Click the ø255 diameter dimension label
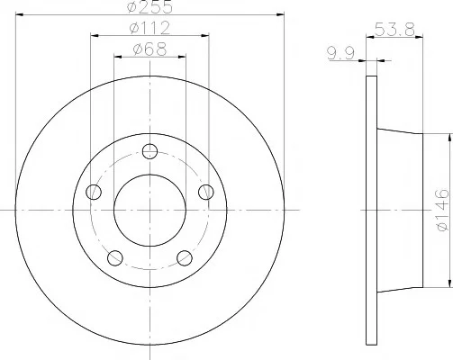(x=149, y=6)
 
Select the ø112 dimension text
(x=149, y=28)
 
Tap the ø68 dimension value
(x=149, y=49)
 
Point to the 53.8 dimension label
(x=394, y=30)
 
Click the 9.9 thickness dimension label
(x=341, y=53)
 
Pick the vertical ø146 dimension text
(x=443, y=210)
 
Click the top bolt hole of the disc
(x=149, y=151)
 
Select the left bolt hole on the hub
(x=94, y=192)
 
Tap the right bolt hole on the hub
(x=206, y=192)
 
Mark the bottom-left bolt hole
(x=115, y=258)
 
